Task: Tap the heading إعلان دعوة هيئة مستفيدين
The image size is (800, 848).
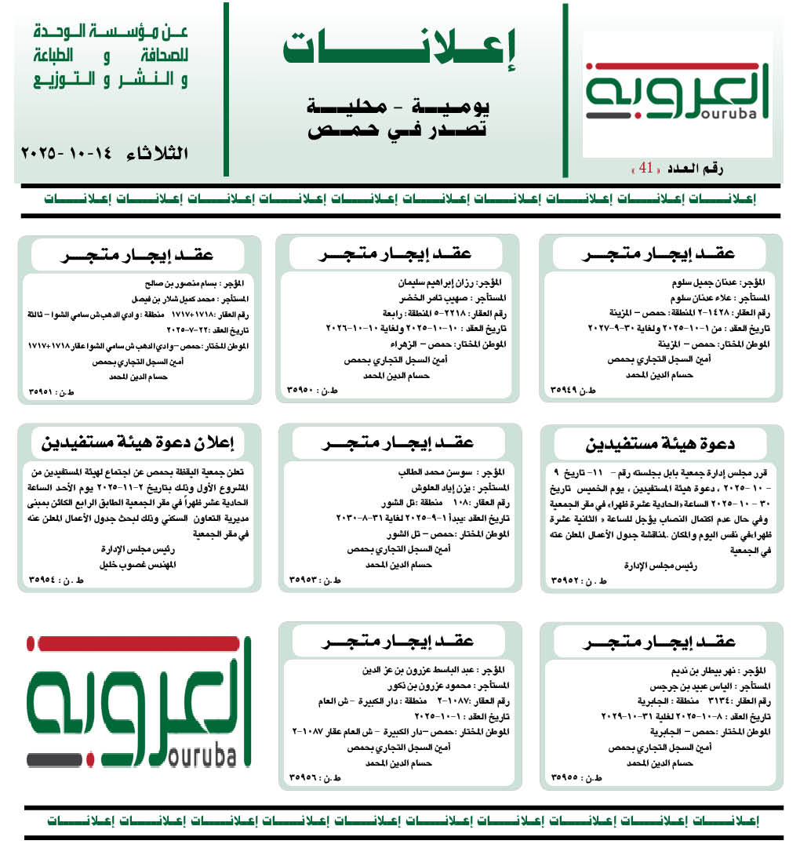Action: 138,442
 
